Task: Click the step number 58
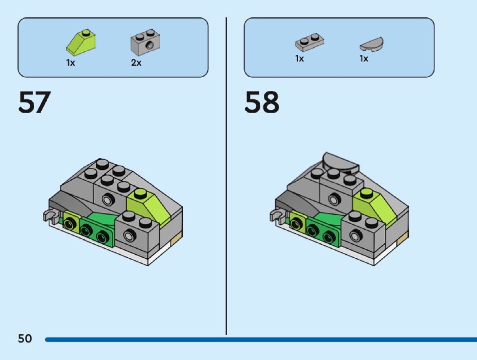[262, 103]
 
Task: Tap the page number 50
[25, 339]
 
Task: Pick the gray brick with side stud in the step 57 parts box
[145, 42]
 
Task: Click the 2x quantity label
[136, 63]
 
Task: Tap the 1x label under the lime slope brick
[70, 63]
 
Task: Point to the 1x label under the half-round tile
[364, 59]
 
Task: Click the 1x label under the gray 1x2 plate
[299, 59]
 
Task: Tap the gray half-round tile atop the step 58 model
[338, 162]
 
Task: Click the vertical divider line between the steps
[226, 182]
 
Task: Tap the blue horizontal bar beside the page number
[259, 339]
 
